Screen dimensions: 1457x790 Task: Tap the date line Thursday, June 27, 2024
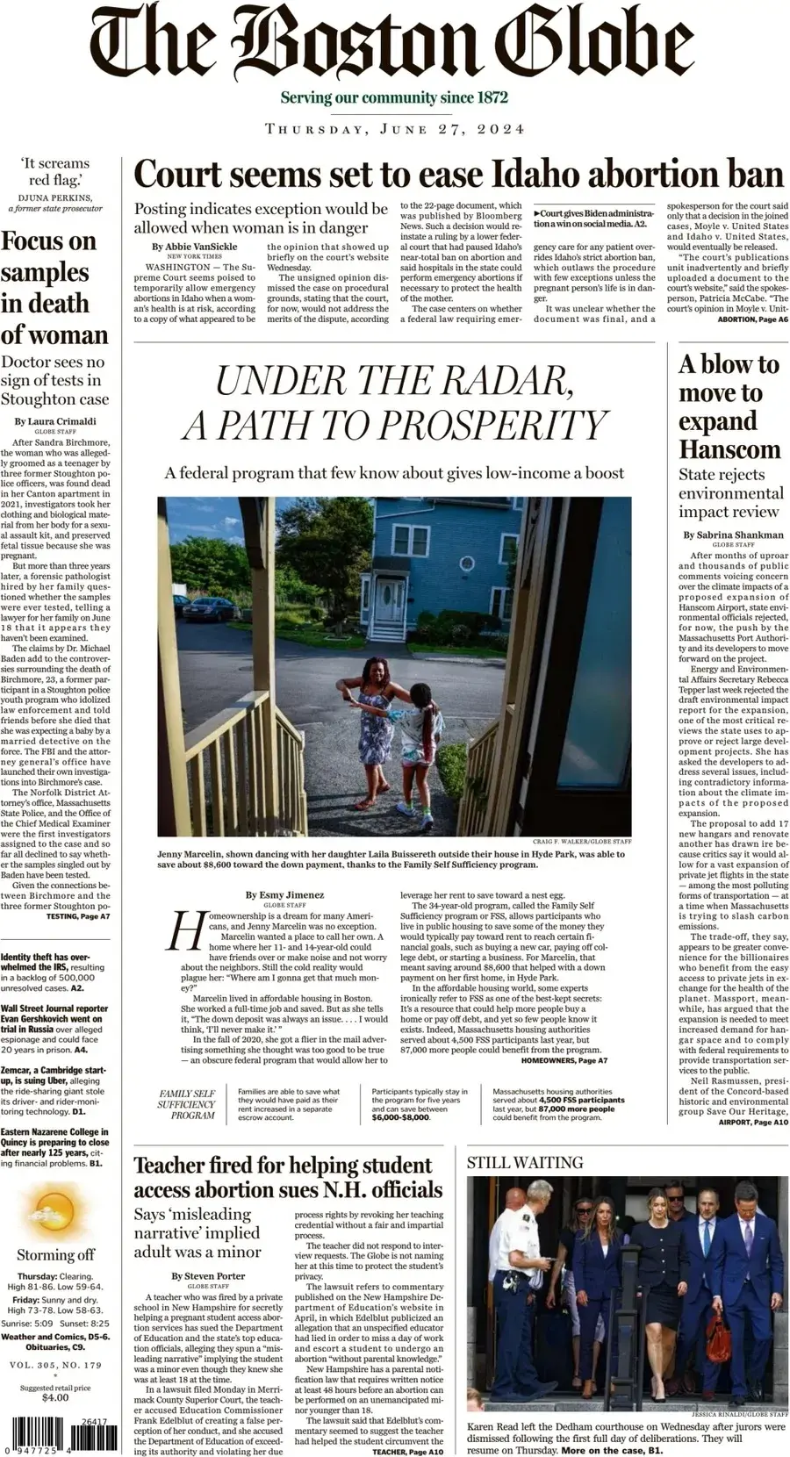pyautogui.click(x=395, y=129)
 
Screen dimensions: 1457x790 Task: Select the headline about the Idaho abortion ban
pyautogui.click(x=457, y=174)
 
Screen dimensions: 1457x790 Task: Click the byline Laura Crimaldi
pyautogui.click(x=55, y=421)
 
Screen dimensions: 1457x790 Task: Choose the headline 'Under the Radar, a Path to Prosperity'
pyautogui.click(x=394, y=403)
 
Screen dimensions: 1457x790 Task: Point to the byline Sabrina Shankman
pyautogui.click(x=733, y=535)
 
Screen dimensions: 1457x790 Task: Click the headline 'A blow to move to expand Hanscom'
pyautogui.click(x=729, y=406)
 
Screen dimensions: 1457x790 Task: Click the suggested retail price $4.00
pyautogui.click(x=55, y=1397)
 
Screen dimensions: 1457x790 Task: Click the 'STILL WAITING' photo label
pyautogui.click(x=525, y=1162)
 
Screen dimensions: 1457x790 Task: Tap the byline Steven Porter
pyautogui.click(x=208, y=1275)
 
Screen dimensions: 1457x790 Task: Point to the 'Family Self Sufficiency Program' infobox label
pyautogui.click(x=187, y=1104)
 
